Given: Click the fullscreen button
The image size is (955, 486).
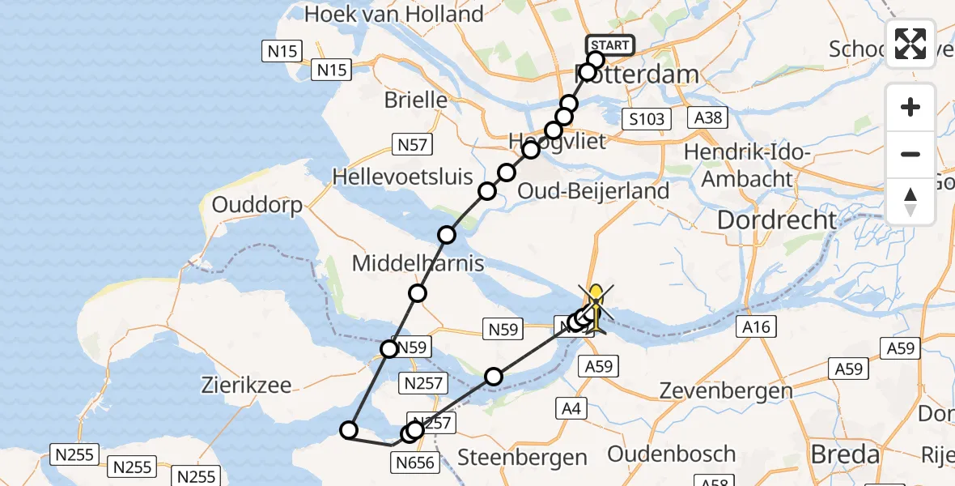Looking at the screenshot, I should pos(910,44).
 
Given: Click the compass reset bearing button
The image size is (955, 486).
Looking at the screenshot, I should pos(910,201).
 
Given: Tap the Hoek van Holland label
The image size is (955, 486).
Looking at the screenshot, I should pos(394,14).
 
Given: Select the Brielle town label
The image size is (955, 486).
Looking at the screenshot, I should pos(416,100).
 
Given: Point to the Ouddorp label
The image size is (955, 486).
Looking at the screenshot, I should pos(257,205).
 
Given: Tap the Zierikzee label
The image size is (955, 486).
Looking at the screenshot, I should pos(246,385).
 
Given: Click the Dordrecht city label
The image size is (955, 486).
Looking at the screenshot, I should pos(777,220).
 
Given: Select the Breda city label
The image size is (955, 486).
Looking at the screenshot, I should pos(845,454).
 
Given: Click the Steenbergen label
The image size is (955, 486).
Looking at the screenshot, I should pos(523,457).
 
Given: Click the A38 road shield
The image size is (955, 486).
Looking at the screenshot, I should pos(708,118).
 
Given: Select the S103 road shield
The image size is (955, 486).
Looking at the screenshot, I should pos(647,120).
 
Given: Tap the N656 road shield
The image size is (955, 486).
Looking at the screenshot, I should pos(417,463).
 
